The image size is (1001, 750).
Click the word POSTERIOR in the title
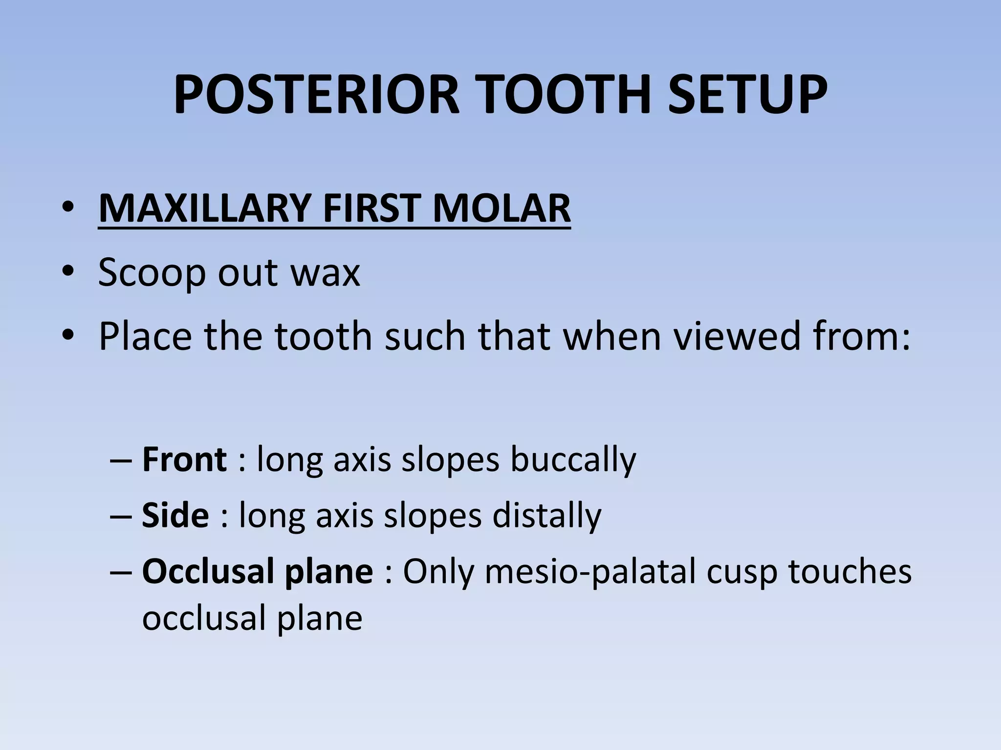(317, 95)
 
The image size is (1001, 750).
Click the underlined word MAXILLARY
(204, 208)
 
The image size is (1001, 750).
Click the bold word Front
(184, 459)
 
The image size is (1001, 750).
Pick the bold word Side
(175, 516)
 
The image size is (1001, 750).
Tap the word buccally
(573, 460)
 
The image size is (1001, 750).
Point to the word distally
(546, 516)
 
